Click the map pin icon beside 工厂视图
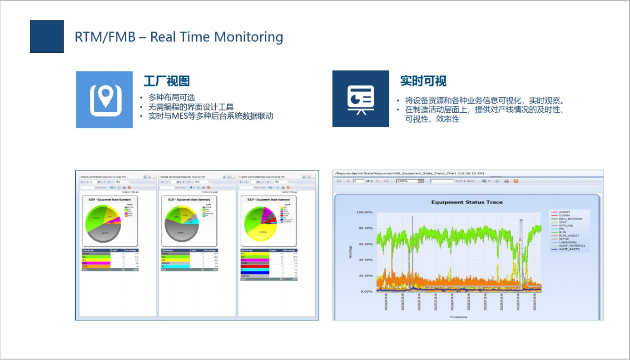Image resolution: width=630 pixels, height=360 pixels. click(104, 100)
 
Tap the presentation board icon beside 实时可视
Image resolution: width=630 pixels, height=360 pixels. click(361, 99)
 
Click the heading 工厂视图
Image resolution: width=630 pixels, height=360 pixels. click(167, 81)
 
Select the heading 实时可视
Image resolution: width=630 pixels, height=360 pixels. click(423, 81)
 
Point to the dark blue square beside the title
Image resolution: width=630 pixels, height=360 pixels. click(47, 36)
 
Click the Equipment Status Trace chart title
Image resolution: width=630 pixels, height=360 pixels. click(467, 202)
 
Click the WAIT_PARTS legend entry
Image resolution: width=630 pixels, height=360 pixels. click(570, 249)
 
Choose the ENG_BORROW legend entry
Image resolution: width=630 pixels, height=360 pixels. click(570, 219)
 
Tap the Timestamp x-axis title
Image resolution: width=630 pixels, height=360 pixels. click(459, 317)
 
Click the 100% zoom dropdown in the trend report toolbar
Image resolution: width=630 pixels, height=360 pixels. click(410, 181)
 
